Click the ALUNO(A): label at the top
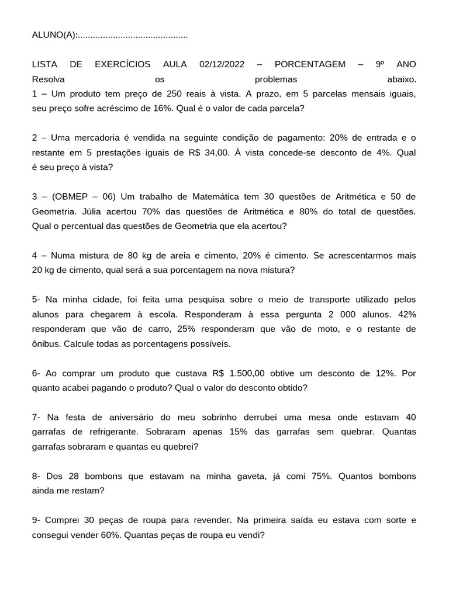click(x=54, y=35)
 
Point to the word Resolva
click(x=49, y=79)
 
